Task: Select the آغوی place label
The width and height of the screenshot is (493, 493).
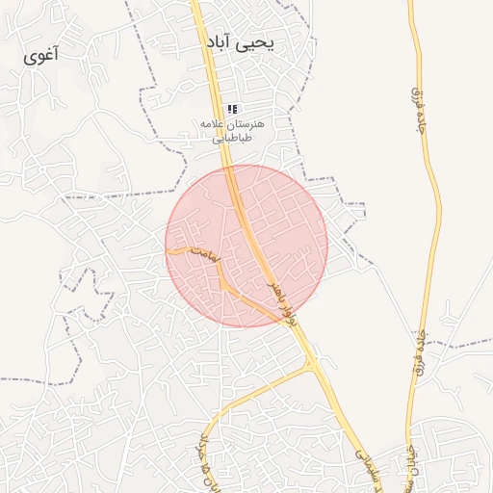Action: coord(41,55)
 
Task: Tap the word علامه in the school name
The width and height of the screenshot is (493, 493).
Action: coord(213,125)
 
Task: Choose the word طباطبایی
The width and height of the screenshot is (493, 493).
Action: coord(231,139)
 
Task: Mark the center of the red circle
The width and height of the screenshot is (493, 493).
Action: coord(246,246)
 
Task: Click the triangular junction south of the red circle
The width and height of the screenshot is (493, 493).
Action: coord(312,364)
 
